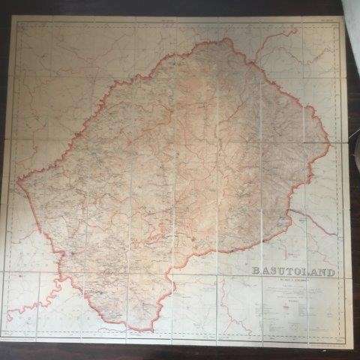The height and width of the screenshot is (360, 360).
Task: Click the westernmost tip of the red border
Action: (18, 181)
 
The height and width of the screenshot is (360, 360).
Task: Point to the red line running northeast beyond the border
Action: (262, 49)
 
